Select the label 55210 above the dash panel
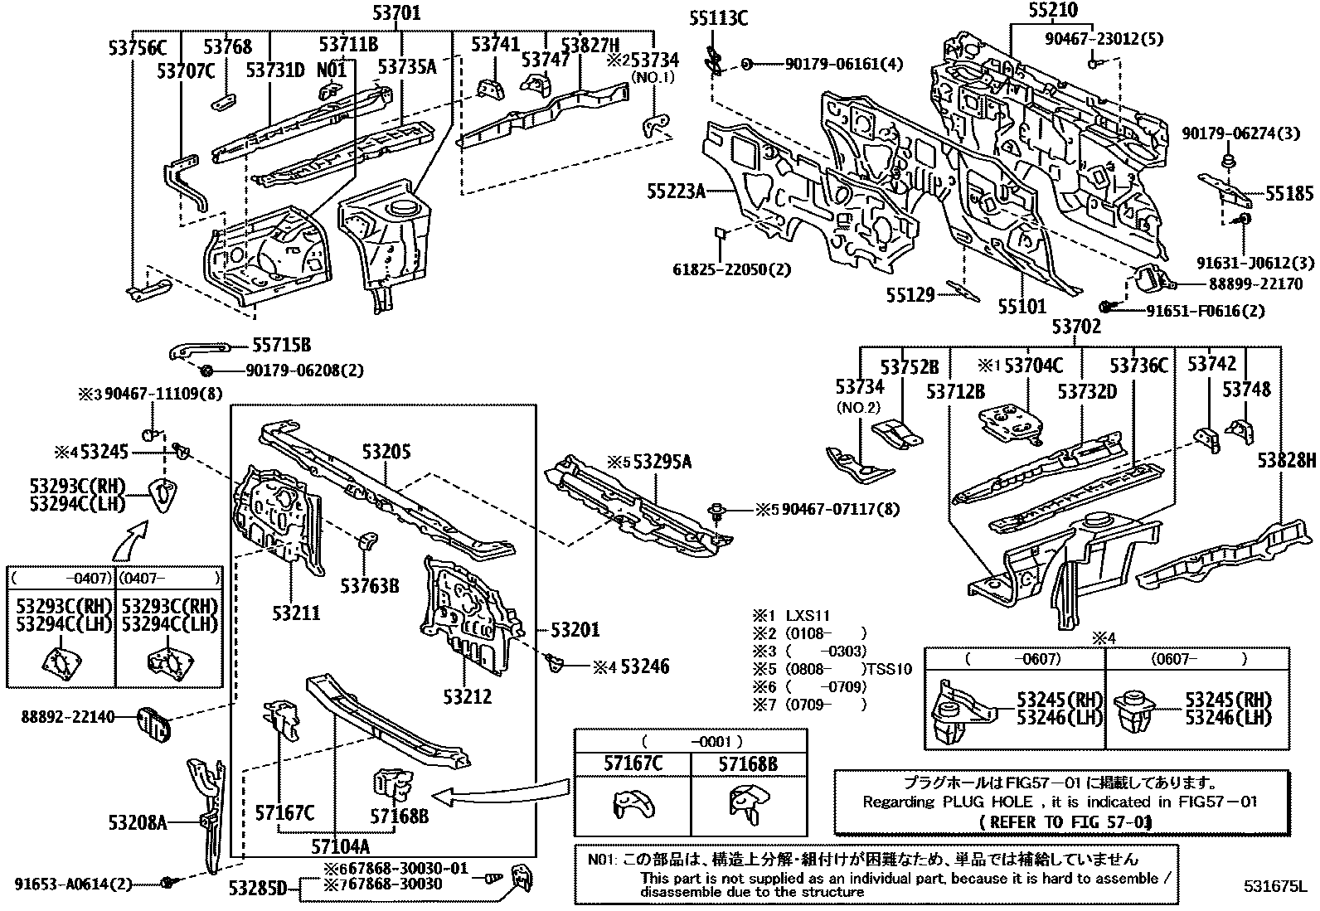pyautogui.click(x=1052, y=10)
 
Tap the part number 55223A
pyautogui.click(x=676, y=192)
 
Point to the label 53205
pyautogui.click(x=386, y=452)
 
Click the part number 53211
pyautogui.click(x=296, y=613)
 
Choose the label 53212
pyautogui.click(x=467, y=696)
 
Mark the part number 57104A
pyautogui.click(x=341, y=846)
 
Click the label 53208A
pyautogui.click(x=138, y=822)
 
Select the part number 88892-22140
pyautogui.click(x=68, y=717)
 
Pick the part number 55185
pyautogui.click(x=1289, y=195)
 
